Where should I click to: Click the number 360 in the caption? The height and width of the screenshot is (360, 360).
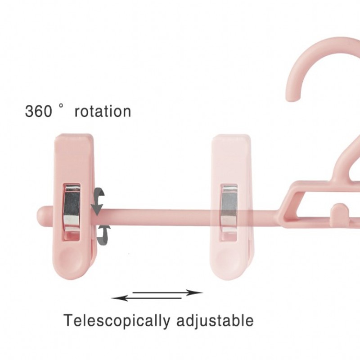[x=38, y=111]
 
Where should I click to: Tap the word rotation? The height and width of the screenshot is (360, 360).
[x=103, y=111]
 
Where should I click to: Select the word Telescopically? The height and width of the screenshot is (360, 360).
[x=117, y=321]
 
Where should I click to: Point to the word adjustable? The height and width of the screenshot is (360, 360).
[x=214, y=321]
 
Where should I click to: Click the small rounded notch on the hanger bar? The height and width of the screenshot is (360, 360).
[x=340, y=209]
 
